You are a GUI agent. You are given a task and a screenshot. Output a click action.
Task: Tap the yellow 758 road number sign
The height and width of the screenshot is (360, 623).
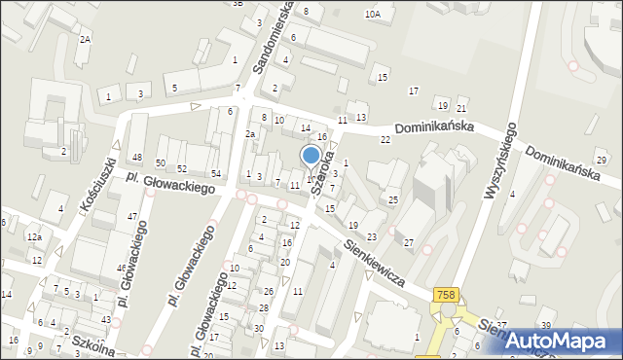tap(447, 295)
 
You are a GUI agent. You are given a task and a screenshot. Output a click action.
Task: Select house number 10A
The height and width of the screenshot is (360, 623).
tap(372, 15)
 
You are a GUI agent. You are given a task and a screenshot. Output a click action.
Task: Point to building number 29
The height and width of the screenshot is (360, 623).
tap(601, 160)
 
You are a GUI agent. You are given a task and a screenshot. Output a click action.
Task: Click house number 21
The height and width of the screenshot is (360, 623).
tap(461, 108)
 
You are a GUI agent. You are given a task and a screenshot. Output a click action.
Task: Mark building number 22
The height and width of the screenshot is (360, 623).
tap(385, 140)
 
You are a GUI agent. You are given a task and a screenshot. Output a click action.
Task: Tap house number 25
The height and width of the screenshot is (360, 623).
tap(393, 200)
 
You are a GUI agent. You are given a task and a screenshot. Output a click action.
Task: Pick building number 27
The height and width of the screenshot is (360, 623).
tap(409, 242)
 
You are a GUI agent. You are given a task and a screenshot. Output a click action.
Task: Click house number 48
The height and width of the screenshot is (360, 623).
tap(137, 158)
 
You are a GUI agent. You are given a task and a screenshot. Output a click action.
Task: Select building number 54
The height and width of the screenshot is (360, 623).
tap(216, 174)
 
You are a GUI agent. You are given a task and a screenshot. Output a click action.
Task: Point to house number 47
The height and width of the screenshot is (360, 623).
tap(131, 216)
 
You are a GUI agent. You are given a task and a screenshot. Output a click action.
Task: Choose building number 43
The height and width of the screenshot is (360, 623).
tap(105, 320)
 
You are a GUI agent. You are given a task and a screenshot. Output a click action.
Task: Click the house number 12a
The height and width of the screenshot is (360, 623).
tap(34, 237)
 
